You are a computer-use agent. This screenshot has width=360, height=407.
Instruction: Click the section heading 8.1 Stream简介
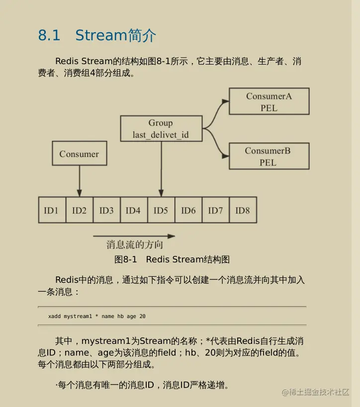[97, 35]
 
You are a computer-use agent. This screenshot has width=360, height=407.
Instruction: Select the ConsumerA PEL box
[269, 101]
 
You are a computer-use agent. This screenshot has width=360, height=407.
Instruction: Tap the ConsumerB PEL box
[269, 156]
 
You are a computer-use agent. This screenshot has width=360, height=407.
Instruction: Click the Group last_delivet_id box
[161, 129]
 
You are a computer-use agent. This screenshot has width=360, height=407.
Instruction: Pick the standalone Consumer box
[79, 154]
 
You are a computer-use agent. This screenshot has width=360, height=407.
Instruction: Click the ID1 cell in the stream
[51, 210]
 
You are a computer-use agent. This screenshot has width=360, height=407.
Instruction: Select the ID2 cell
[79, 210]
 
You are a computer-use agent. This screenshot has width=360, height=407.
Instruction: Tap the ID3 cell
[106, 210]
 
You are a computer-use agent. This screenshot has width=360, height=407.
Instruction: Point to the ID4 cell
[133, 210]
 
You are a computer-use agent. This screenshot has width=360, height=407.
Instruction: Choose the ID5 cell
[161, 210]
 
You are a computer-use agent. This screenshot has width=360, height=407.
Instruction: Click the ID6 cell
[188, 210]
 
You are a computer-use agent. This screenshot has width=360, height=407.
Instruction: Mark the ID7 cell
[215, 210]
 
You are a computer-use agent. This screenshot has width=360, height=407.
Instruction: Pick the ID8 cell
[243, 210]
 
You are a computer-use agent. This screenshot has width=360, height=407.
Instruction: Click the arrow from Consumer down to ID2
[79, 181]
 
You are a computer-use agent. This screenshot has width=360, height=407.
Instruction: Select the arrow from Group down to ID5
[161, 169]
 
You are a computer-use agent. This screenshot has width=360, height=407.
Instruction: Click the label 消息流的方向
[134, 245]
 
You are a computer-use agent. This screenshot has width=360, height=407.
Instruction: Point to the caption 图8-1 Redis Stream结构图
[172, 259]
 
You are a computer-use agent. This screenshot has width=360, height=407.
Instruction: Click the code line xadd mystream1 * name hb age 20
[97, 316]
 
